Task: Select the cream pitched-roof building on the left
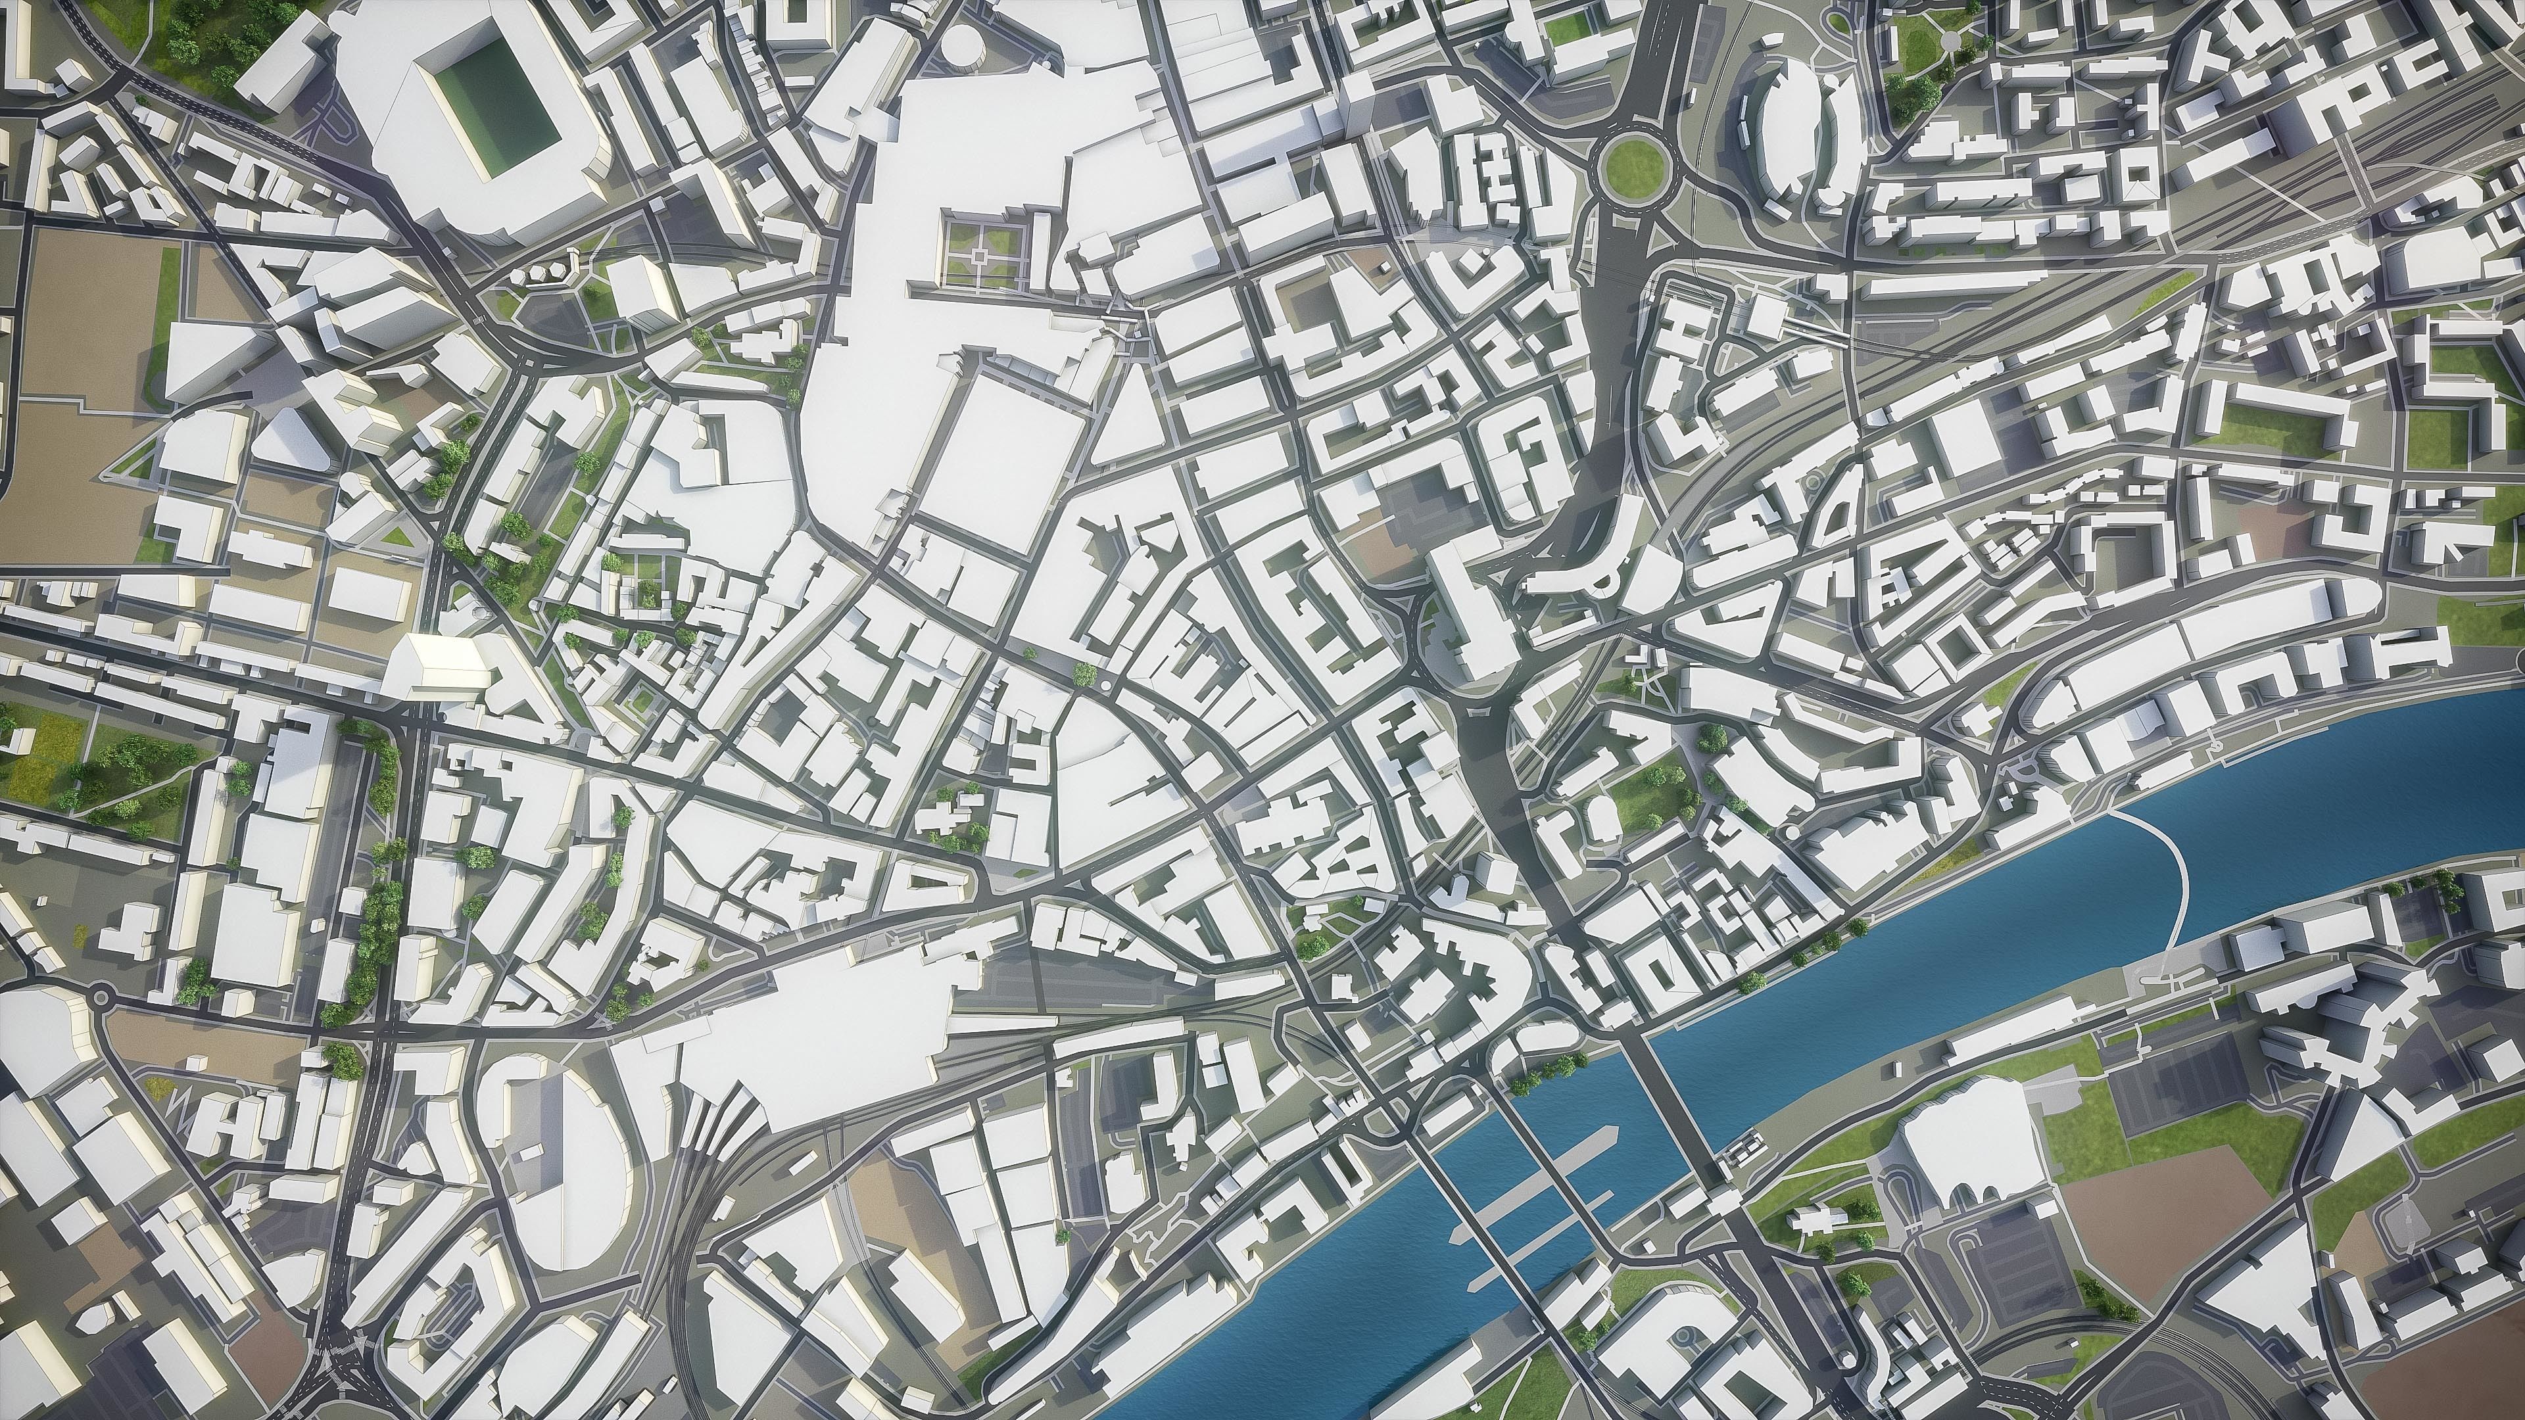[x=436, y=667]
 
